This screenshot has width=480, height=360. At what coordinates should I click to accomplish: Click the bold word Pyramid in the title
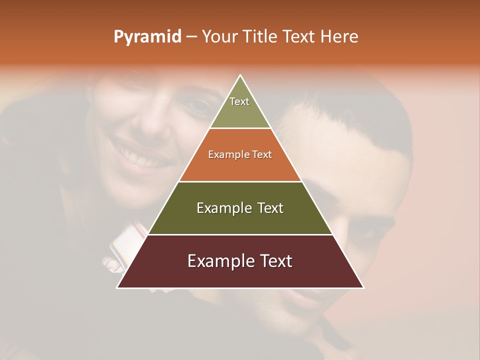pyautogui.click(x=147, y=37)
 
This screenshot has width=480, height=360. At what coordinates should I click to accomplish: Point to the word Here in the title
pyautogui.click(x=339, y=36)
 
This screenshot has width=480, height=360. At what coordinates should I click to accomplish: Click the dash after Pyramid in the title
pyautogui.click(x=191, y=37)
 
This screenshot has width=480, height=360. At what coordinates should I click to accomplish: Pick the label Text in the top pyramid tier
pyautogui.click(x=239, y=101)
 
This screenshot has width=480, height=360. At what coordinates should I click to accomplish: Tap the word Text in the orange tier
pyautogui.click(x=261, y=154)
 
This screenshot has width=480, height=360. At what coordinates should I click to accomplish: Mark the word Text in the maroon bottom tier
pyautogui.click(x=276, y=261)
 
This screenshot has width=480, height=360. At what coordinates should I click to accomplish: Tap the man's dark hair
pyautogui.click(x=350, y=115)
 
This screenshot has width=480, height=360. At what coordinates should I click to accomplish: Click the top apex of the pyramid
pyautogui.click(x=240, y=75)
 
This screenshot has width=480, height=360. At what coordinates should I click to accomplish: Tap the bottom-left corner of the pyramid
pyautogui.click(x=117, y=287)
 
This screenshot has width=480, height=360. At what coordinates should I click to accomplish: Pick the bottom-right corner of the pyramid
pyautogui.click(x=363, y=287)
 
